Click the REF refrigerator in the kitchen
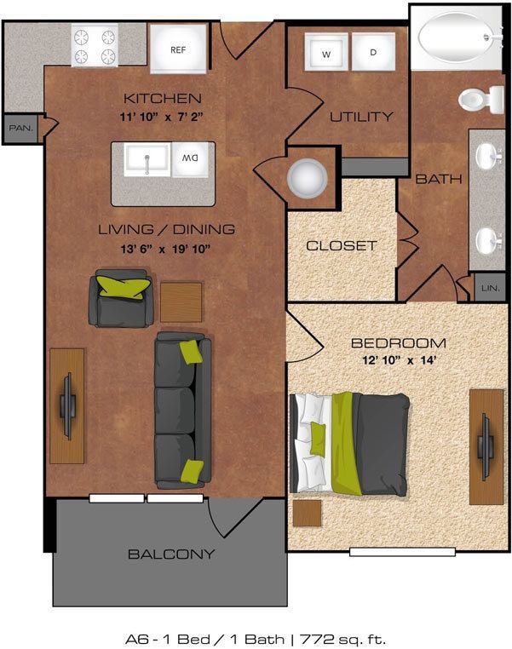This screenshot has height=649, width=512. (178, 49)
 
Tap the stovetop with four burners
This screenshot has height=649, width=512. (95, 47)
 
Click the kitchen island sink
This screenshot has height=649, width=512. (147, 159)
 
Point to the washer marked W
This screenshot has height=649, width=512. (326, 54)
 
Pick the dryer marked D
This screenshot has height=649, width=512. (372, 54)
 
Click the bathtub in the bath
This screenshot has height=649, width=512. (457, 37)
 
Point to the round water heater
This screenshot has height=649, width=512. (306, 177)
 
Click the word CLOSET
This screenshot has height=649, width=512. (341, 245)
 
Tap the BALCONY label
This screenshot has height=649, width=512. (170, 554)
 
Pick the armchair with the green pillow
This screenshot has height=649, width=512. (123, 298)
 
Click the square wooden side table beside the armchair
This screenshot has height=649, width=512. (181, 302)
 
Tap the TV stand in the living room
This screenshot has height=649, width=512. (66, 405)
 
